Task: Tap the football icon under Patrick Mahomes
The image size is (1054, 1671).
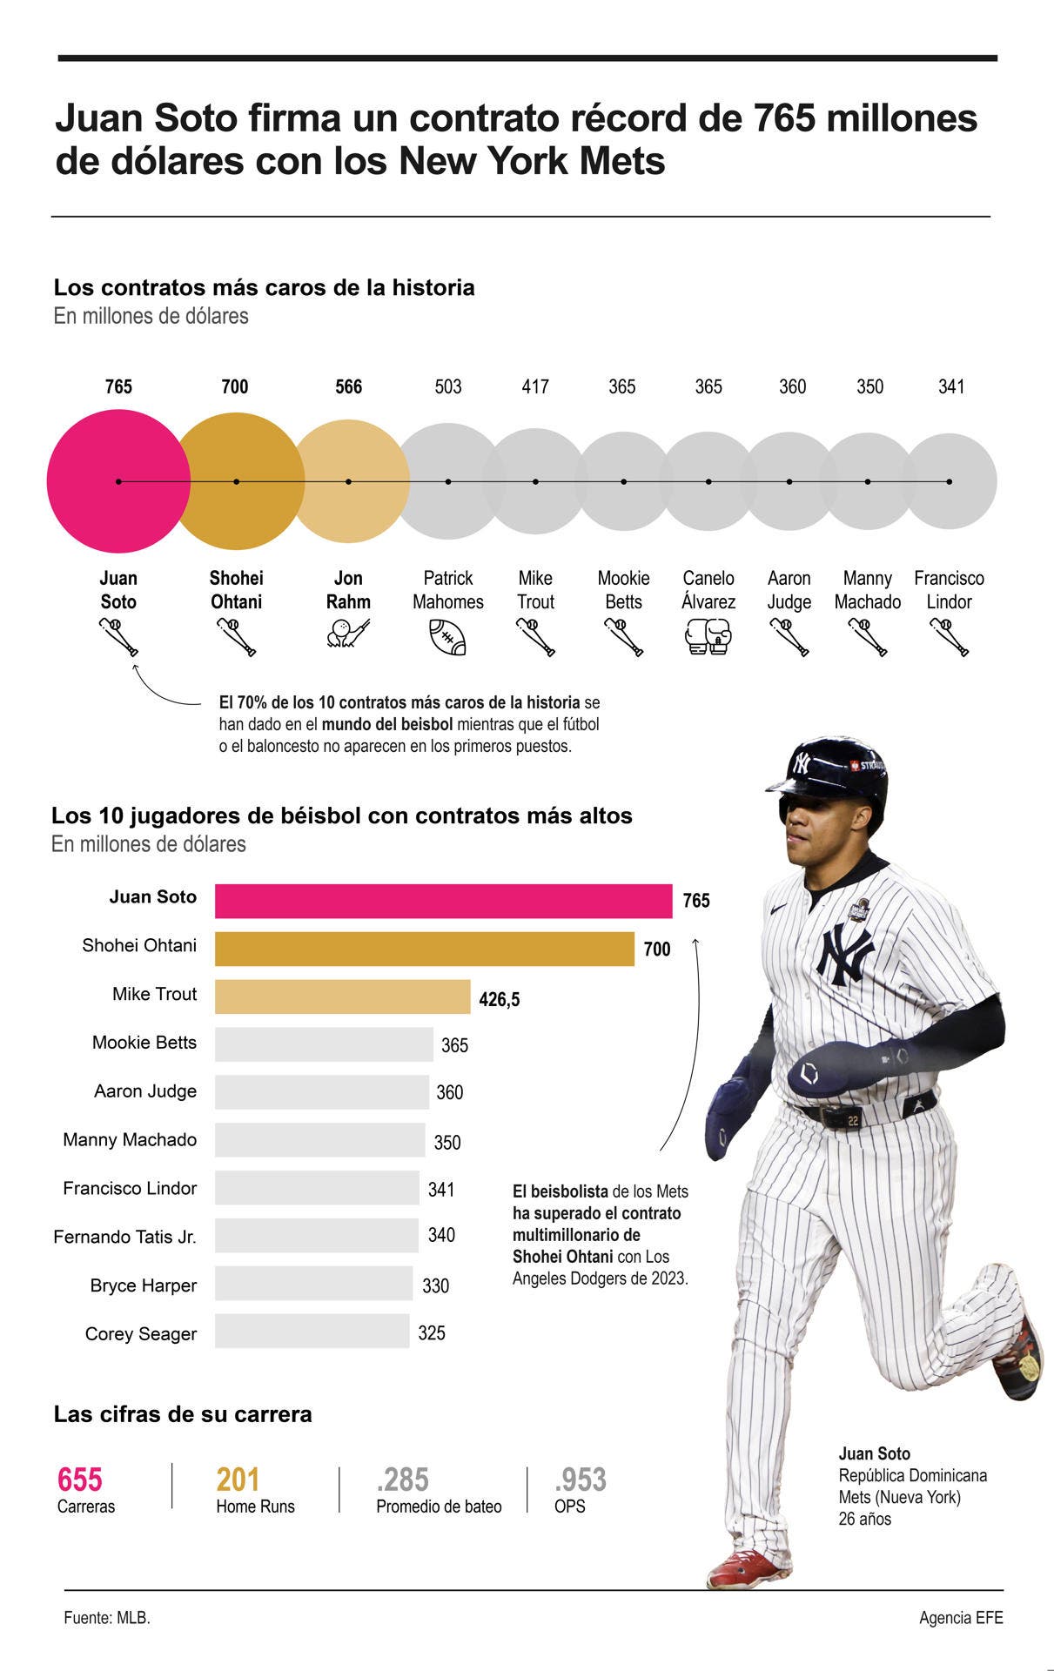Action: pos(447,637)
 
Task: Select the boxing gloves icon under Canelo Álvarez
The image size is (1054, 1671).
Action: pos(708,636)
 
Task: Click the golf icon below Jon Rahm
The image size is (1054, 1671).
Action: pos(348,634)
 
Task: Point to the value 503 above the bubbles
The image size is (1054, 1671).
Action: pos(447,386)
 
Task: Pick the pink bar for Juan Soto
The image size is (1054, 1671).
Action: pos(443,901)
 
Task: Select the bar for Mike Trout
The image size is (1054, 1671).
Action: pos(342,997)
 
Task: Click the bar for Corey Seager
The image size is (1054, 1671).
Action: pos(312,1331)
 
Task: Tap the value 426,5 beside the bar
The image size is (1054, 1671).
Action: pos(499,1000)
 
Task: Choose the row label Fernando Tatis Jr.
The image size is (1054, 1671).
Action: pos(124,1237)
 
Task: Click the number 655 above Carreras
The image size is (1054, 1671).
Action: pos(80,1480)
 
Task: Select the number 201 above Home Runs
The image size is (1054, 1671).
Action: pos(238,1480)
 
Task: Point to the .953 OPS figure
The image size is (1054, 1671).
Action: pos(581,1480)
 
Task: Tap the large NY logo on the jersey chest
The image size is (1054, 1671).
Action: pos(843,954)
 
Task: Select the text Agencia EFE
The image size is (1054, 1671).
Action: pos(961,1618)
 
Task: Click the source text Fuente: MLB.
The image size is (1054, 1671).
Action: pos(107,1618)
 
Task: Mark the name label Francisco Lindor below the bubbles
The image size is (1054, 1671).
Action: pos(949,589)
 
